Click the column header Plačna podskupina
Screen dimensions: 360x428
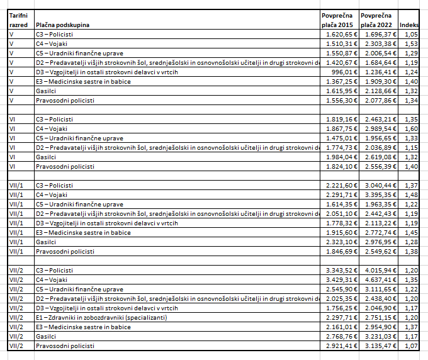[62, 25]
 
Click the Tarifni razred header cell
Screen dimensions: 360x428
[19, 20]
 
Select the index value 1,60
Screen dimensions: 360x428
[412, 128]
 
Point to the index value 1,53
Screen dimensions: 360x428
[412, 43]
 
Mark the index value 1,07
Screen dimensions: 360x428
[412, 346]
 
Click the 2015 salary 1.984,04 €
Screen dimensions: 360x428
[340, 157]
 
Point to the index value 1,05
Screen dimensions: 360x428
[412, 34]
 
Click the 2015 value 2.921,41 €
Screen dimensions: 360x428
[340, 346]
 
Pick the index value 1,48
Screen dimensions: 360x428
[412, 194]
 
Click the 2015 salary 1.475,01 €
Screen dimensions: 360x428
[340, 138]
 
